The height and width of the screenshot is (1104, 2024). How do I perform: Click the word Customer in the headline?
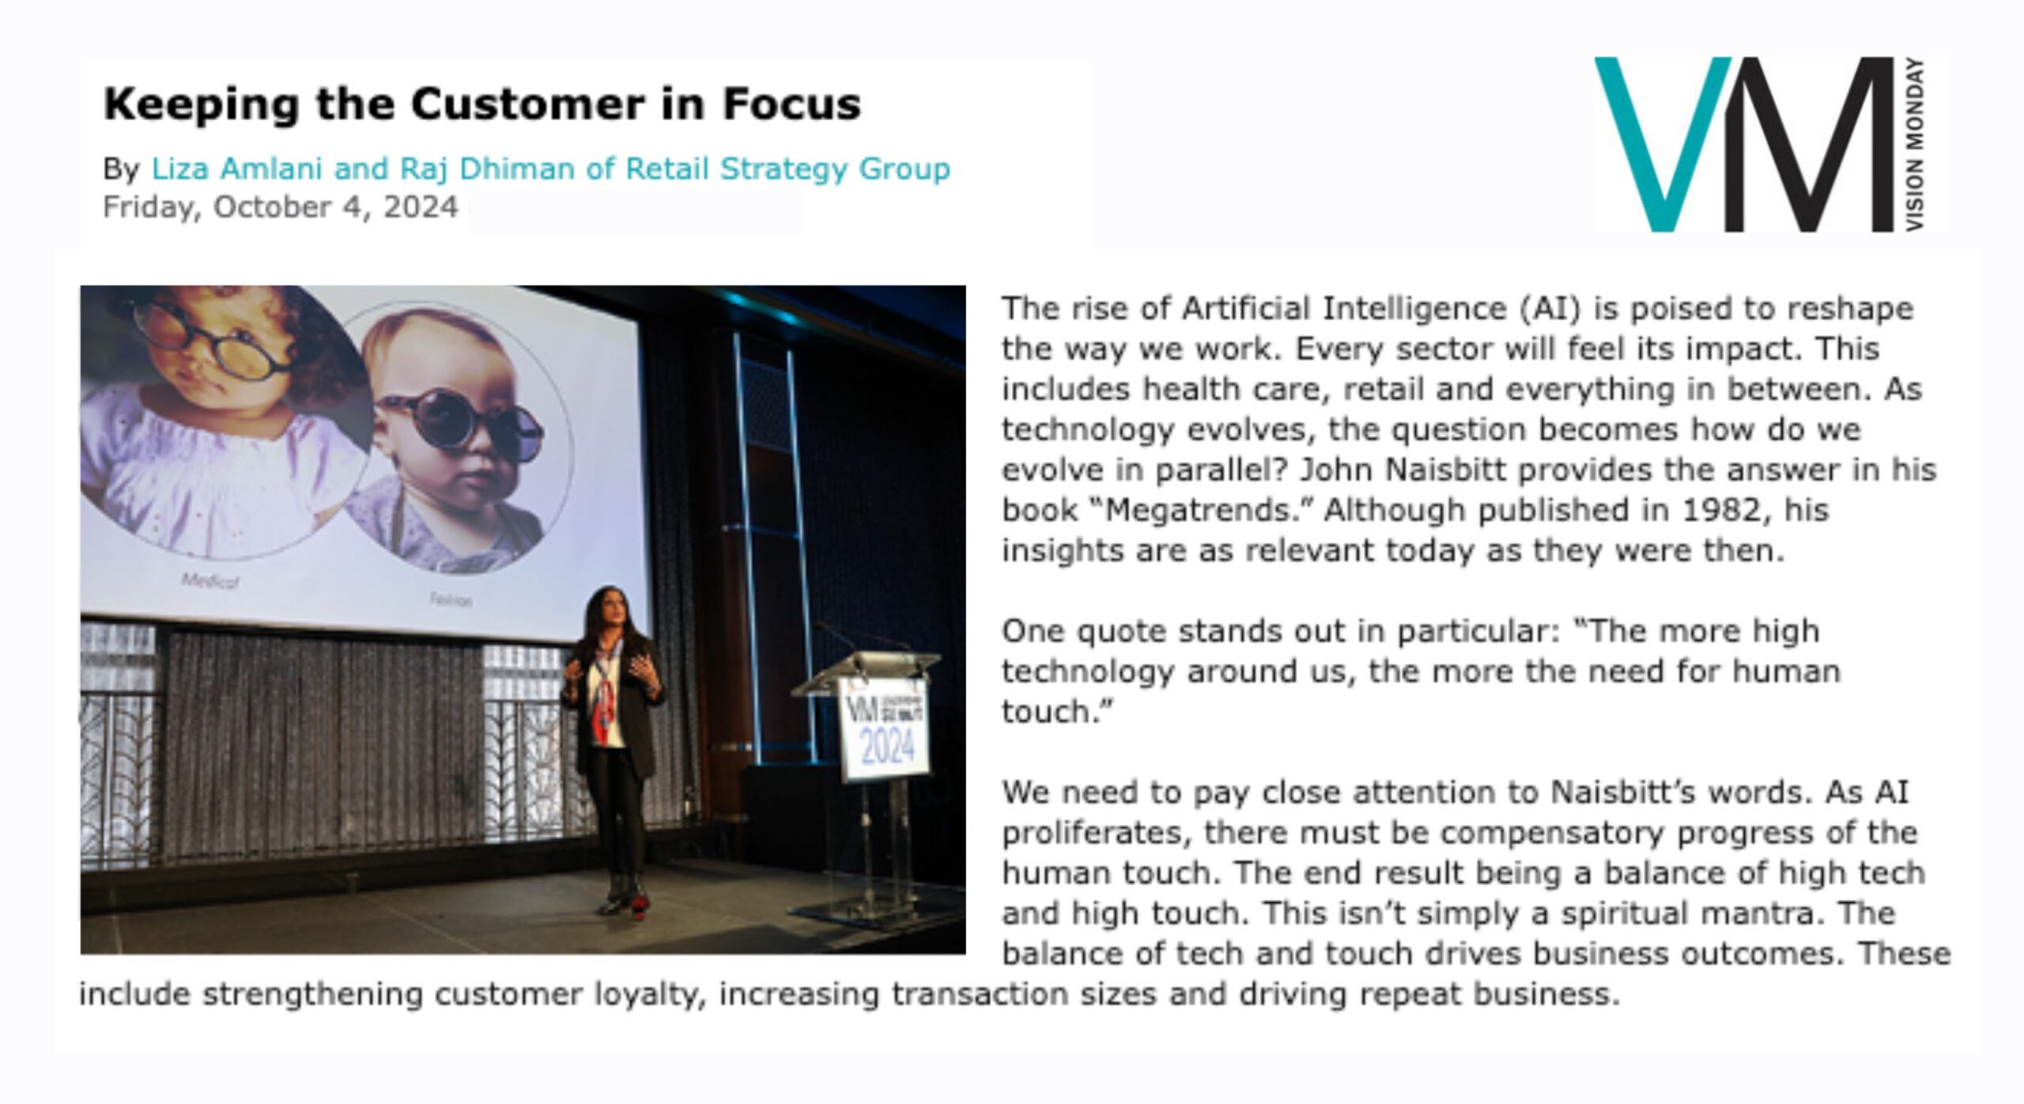pos(527,104)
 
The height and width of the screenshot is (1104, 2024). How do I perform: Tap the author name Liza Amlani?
pos(236,168)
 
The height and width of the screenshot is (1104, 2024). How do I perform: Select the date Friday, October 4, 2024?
pos(281,207)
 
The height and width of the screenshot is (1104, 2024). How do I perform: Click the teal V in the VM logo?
pos(1662,144)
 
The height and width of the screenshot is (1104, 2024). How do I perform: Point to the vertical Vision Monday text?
pos(1915,146)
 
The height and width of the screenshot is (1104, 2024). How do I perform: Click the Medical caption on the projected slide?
pos(210,581)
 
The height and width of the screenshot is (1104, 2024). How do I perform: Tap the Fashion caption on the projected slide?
pos(451,600)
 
